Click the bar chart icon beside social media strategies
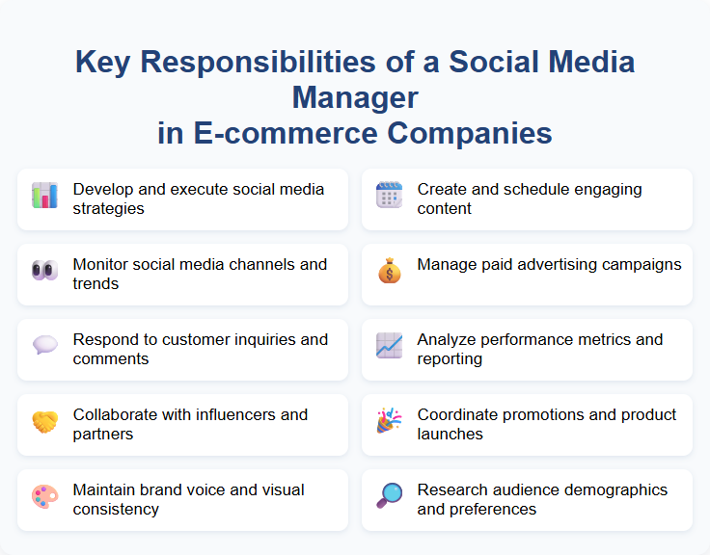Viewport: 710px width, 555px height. click(x=44, y=196)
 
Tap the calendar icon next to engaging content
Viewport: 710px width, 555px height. click(x=389, y=196)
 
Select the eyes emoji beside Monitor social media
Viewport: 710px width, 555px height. click(x=44, y=271)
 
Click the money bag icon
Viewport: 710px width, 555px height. click(x=389, y=271)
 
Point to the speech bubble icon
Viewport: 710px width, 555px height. click(x=44, y=346)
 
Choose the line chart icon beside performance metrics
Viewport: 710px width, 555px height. click(x=389, y=346)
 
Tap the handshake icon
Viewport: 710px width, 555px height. click(x=44, y=421)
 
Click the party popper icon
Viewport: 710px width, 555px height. click(x=389, y=421)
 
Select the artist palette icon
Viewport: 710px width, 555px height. click(x=44, y=496)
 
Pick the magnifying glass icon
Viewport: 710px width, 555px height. click(x=389, y=496)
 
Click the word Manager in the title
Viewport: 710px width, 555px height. click(x=355, y=97)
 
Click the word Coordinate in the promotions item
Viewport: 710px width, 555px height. click(x=456, y=414)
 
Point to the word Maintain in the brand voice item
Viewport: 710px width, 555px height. click(x=104, y=489)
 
